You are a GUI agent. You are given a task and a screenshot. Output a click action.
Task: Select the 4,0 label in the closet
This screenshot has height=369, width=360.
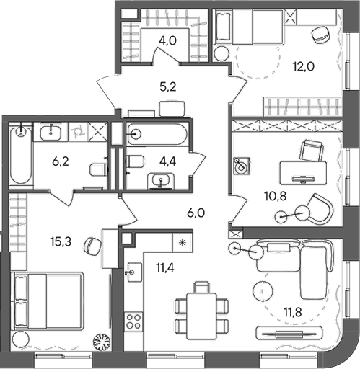pos(167,40)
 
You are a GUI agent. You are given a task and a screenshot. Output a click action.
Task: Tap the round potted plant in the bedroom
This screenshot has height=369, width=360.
pos(100,343)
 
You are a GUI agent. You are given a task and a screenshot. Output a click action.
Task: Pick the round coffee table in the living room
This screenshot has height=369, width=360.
pos(265,292)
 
